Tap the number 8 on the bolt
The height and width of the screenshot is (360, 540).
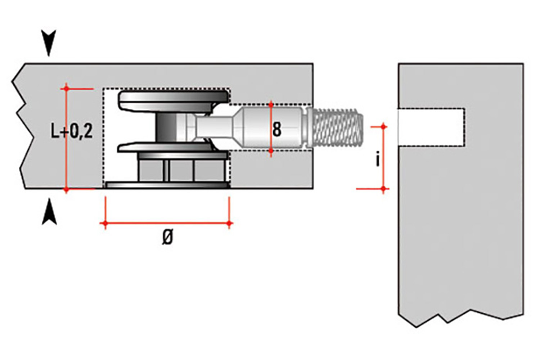click(x=277, y=129)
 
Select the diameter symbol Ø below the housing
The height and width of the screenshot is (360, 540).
click(x=167, y=238)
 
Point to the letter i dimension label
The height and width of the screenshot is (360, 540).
click(x=377, y=159)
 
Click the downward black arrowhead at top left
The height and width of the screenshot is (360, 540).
click(x=49, y=42)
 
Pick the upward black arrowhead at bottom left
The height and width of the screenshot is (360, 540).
click(x=49, y=213)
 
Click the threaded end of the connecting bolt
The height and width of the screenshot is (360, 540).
click(x=337, y=128)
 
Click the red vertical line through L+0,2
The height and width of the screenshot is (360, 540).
click(x=66, y=158)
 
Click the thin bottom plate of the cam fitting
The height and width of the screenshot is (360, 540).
click(x=167, y=185)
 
